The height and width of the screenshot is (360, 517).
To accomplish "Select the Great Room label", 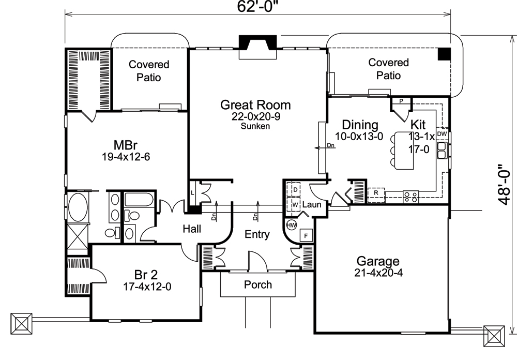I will pyautogui.click(x=255, y=105).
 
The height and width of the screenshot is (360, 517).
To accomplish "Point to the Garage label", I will pyautogui.click(x=377, y=261).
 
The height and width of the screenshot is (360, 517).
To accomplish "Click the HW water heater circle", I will pyautogui.click(x=291, y=225).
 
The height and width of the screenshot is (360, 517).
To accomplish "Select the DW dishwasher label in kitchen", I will pyautogui.click(x=442, y=134).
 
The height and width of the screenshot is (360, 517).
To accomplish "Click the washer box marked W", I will pyautogui.click(x=295, y=204).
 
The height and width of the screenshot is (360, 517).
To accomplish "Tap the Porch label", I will pyautogui.click(x=257, y=284).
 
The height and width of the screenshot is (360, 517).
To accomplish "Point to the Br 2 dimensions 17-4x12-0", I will pyautogui.click(x=147, y=286).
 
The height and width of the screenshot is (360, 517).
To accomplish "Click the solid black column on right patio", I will pyautogui.click(x=444, y=54).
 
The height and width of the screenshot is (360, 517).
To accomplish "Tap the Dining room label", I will pyautogui.click(x=360, y=125).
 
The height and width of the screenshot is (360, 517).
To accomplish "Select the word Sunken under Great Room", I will pyautogui.click(x=255, y=126).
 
